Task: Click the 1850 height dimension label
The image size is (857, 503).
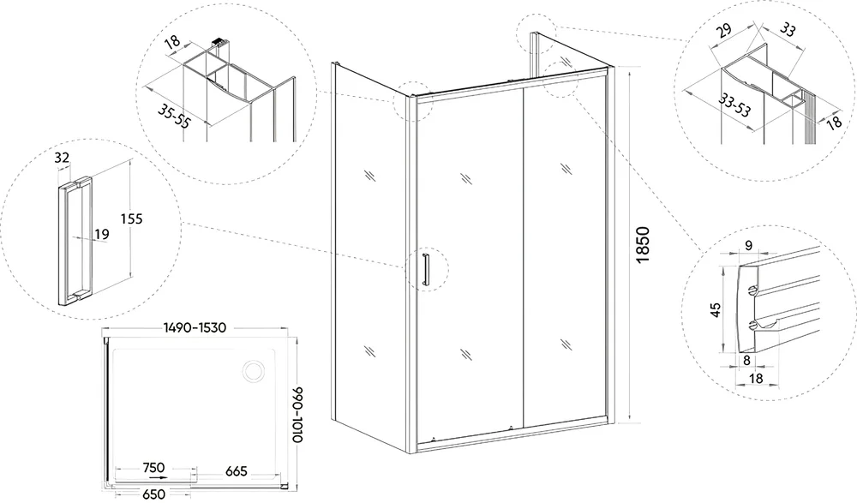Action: point(644,244)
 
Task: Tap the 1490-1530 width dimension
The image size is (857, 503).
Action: point(195,327)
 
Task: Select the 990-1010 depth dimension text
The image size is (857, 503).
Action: point(297,415)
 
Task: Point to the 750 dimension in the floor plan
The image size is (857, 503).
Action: point(153,468)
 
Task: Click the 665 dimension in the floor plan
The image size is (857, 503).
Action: point(237,470)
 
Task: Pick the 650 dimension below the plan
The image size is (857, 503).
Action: point(153,494)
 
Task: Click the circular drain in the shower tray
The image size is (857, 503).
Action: point(254,371)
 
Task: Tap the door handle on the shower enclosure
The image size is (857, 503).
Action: point(426,269)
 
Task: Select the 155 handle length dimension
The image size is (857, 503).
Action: point(131,219)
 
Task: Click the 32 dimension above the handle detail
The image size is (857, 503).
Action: point(63,158)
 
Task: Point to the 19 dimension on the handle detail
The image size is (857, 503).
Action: point(102,234)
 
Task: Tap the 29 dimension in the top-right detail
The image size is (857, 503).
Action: point(725,30)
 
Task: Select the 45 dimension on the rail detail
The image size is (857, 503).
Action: point(716,309)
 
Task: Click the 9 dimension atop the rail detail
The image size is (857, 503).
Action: point(749,245)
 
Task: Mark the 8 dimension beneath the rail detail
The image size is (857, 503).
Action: point(746,360)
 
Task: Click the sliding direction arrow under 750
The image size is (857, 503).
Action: point(160,476)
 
